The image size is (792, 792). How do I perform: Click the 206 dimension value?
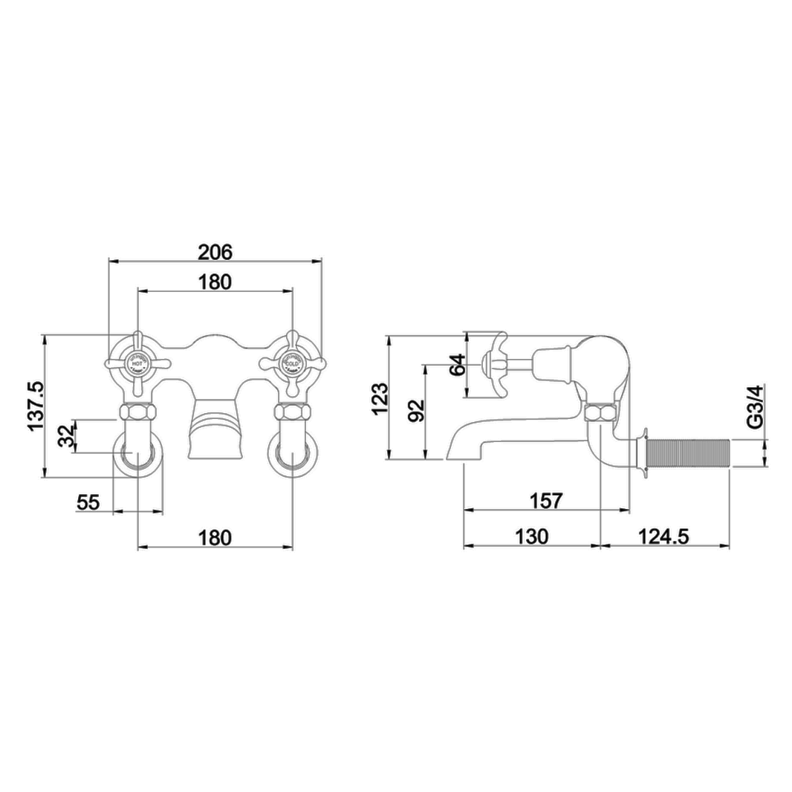coord(215,252)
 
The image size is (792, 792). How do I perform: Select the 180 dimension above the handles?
coord(215,282)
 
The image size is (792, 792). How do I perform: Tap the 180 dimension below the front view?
coord(215,537)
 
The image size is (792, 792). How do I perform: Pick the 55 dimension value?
coord(88,502)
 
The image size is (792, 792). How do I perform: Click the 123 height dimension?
coord(379,398)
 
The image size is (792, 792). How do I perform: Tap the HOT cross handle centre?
coord(138,363)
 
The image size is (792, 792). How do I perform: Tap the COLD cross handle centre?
coord(291,363)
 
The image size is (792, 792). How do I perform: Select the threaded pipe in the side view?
coord(689,452)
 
